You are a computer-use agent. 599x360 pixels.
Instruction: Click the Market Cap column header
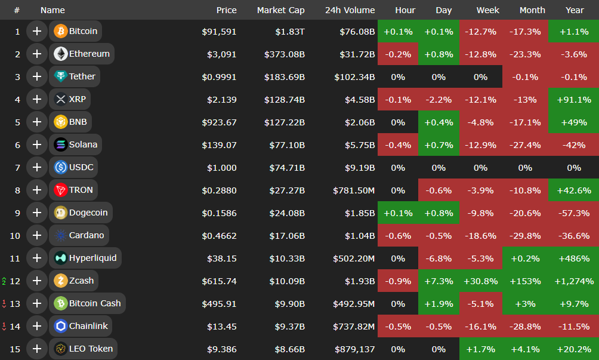click(x=280, y=10)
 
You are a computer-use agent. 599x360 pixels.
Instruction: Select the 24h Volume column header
click(x=350, y=10)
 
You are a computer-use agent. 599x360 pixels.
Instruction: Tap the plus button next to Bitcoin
click(x=37, y=31)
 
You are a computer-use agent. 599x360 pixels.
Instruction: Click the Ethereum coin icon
click(x=60, y=54)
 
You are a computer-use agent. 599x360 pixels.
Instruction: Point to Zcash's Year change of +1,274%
click(x=573, y=281)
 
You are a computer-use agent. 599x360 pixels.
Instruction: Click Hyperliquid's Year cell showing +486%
click(x=573, y=258)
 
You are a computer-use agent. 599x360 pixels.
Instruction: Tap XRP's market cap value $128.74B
click(x=285, y=99)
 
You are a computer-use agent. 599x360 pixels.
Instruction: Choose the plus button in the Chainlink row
click(x=37, y=326)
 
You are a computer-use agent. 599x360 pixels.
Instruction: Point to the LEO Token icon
click(x=60, y=349)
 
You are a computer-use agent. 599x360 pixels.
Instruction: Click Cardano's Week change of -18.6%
click(x=480, y=235)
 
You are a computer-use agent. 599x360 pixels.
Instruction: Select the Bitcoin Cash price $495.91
click(x=220, y=303)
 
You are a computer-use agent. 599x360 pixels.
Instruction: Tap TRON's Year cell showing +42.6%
click(x=573, y=190)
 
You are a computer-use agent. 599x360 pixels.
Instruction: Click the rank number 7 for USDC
click(x=17, y=167)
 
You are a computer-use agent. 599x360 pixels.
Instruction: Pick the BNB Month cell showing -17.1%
click(x=525, y=122)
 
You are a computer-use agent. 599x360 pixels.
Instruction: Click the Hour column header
click(x=405, y=10)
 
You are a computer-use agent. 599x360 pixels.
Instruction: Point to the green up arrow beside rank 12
click(x=4, y=281)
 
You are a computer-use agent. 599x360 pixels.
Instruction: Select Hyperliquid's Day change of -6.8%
click(x=439, y=258)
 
